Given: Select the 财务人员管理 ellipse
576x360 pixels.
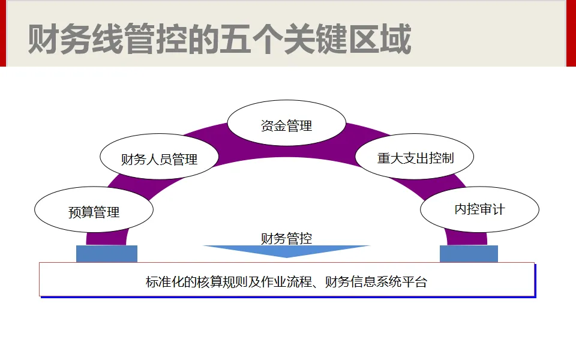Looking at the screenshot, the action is click(159, 159).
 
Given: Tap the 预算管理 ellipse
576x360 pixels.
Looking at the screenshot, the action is click(94, 211).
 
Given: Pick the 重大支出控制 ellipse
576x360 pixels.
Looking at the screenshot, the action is click(415, 158).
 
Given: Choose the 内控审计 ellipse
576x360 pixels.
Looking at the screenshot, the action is click(479, 209).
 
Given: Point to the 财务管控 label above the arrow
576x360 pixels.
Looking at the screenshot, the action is click(287, 238).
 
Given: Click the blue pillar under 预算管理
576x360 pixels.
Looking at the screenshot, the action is click(107, 254).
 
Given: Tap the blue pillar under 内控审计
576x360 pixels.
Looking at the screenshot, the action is click(469, 254).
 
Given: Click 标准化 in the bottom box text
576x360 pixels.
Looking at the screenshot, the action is click(165, 282).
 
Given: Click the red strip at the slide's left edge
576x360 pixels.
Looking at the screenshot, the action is click(2, 33).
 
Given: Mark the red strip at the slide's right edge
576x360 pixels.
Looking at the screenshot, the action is click(572, 33).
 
